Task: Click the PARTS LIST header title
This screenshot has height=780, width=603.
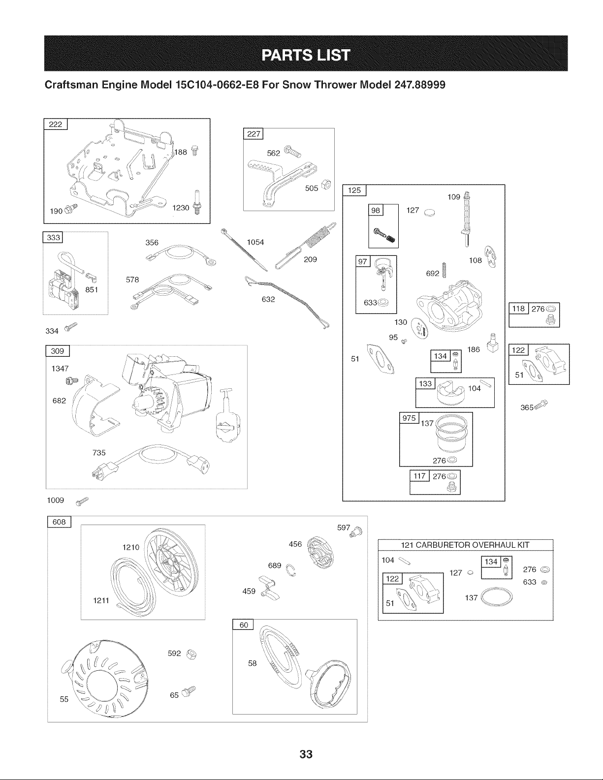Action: point(306,55)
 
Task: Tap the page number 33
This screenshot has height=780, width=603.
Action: point(306,754)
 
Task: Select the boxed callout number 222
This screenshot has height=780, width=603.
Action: point(56,124)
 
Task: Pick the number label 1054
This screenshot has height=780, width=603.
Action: point(255,242)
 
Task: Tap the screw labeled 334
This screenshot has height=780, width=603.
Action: point(70,327)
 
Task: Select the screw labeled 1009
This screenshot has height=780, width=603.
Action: point(82,501)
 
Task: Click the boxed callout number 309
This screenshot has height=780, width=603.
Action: point(58,351)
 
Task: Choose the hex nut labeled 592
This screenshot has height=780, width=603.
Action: point(191,655)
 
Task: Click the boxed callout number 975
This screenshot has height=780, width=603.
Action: point(409,418)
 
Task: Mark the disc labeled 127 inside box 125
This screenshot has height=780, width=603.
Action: point(429,213)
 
